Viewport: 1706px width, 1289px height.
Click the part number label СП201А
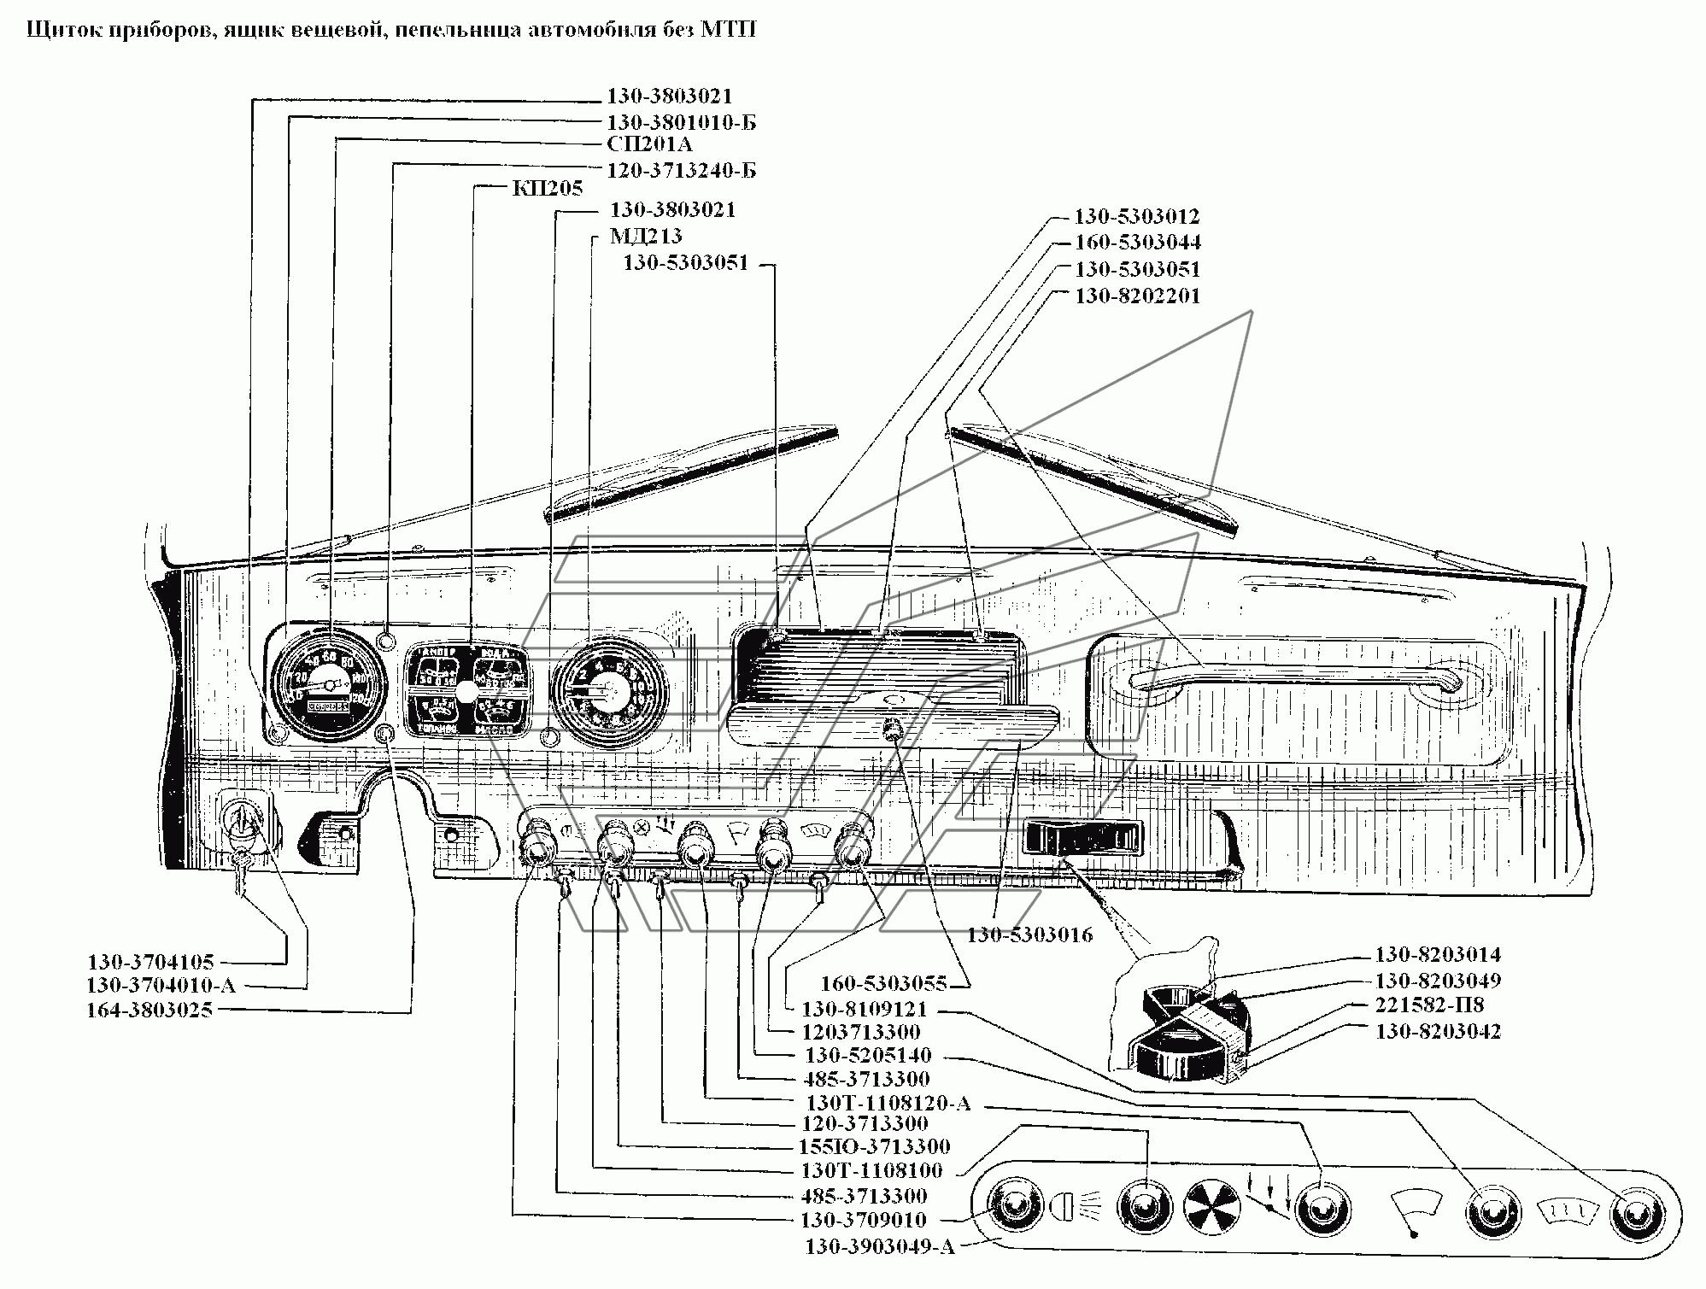pos(649,144)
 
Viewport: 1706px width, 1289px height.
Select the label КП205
pos(547,188)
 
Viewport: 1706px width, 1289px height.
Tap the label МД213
pos(645,236)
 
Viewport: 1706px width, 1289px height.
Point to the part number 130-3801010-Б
pos(681,122)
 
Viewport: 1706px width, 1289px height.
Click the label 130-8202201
pos(1137,296)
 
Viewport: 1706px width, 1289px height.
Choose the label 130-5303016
pos(1029,935)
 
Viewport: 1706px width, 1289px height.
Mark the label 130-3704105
pos(150,962)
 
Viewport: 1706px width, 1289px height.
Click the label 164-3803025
pos(149,1011)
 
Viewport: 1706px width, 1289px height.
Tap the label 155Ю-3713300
pos(876,1146)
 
